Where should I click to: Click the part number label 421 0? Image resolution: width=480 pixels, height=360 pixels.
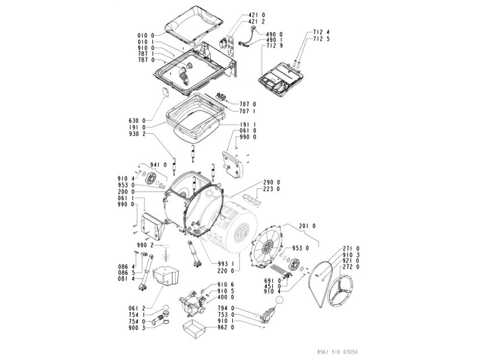[257, 15]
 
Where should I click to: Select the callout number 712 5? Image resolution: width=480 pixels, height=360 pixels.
[321, 39]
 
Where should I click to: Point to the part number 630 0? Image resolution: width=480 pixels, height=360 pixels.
[137, 121]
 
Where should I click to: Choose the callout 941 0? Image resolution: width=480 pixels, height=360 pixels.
[158, 164]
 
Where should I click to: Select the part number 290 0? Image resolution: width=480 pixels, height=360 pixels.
[271, 183]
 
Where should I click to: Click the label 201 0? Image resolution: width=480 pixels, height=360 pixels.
[306, 226]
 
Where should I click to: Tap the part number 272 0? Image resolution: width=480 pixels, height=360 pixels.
[351, 268]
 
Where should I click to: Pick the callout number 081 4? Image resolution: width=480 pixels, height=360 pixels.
[126, 279]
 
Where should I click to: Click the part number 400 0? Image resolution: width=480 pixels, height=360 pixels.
[227, 297]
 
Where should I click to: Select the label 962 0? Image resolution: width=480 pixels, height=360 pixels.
[227, 327]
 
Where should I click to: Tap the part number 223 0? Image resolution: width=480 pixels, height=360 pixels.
[271, 190]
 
